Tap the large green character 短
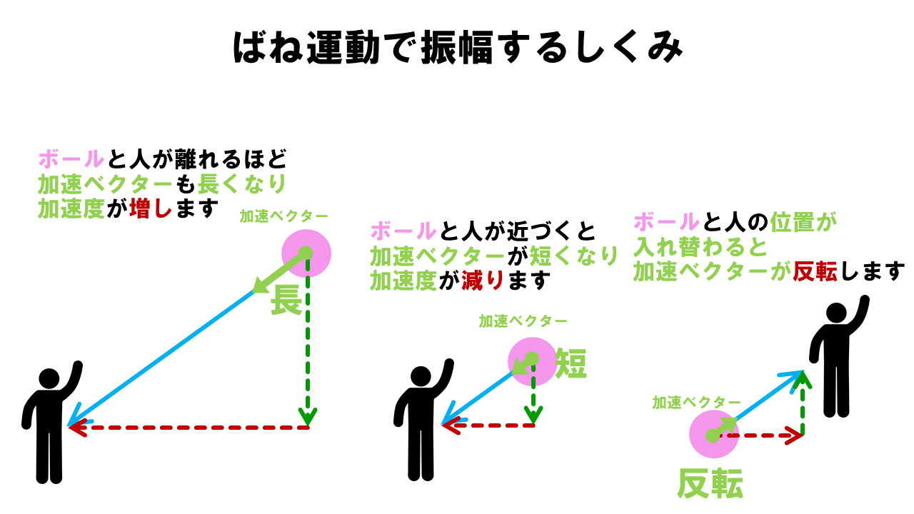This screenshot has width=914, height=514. tap(571, 364)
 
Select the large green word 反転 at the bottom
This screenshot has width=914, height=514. tap(710, 484)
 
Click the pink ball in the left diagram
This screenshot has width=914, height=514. tap(306, 253)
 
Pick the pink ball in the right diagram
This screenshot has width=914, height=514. tap(713, 435)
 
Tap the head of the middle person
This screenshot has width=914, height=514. tap(421, 376)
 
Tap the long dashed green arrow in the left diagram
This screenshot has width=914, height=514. tap(308, 343)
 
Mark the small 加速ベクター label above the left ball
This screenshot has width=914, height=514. tap(283, 216)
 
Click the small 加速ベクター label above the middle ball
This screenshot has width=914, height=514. tap(523, 321)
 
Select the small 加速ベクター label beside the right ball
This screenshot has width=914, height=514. tap(696, 403)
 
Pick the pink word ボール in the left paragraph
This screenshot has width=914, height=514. tap(71, 158)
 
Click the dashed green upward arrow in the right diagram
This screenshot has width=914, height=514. tap(803, 403)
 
